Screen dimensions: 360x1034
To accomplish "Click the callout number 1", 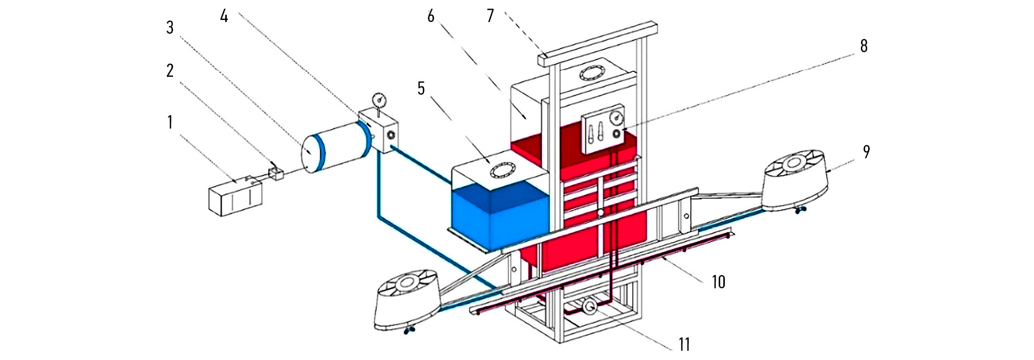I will pos(170,123).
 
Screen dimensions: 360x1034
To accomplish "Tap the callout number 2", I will pos(170,71).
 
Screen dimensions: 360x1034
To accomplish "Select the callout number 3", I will pos(170,28).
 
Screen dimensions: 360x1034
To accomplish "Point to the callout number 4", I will pos(224,16).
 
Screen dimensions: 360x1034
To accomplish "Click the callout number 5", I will pos(421,89).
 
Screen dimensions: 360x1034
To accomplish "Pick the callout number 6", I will pos(430,16).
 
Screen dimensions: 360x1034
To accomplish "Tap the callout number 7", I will pos(490,16).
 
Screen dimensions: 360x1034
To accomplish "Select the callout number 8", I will pos(864,46).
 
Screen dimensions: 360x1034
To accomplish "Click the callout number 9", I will pos(866,152).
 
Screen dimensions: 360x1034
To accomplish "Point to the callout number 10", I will pos(719,282).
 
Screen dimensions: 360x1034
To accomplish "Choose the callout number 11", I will pos(684,344).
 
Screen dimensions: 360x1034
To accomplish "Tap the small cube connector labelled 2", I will pos(276,173).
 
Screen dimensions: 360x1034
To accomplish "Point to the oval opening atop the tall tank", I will pos(591,73).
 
